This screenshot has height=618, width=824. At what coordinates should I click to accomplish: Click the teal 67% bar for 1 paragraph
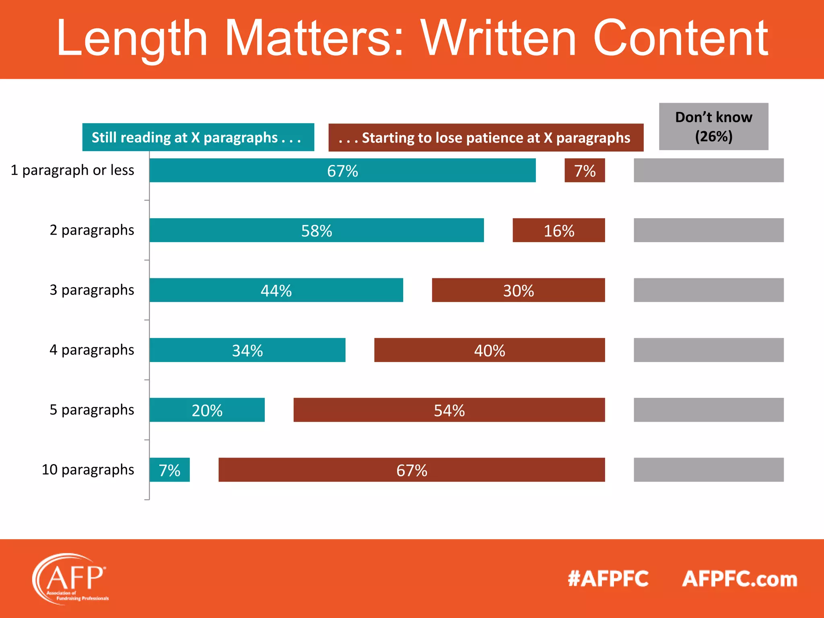point(342,170)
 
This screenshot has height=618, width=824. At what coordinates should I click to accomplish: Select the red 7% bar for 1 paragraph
point(585,170)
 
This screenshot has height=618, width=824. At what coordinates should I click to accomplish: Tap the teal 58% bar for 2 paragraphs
point(316,230)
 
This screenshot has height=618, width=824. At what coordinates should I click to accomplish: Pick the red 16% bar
point(558,230)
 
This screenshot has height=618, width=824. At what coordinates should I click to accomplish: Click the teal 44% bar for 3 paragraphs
point(276,290)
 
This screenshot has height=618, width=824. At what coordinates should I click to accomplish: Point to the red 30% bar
point(518,290)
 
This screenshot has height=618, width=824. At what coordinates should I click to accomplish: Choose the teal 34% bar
point(247,350)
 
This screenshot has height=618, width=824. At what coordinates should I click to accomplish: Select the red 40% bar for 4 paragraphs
point(489,350)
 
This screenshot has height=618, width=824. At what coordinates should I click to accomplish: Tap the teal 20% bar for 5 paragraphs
point(207,410)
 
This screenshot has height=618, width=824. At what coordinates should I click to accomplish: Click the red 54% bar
point(449,410)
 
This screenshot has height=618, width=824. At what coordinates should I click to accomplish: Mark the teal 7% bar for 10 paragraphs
point(169,470)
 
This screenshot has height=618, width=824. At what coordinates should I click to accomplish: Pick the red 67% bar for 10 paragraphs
point(412,470)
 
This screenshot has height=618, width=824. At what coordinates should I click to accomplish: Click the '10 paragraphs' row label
point(88,470)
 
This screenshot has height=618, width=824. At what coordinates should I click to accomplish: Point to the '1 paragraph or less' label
point(72,170)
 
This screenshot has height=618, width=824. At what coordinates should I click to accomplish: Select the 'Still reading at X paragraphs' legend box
point(198,137)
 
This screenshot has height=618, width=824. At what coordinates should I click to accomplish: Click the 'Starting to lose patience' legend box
point(486,138)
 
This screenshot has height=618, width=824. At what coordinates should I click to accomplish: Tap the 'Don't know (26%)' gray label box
point(713,126)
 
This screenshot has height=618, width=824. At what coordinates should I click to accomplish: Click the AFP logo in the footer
point(71,579)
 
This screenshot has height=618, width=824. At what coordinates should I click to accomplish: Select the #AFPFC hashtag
point(608,579)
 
